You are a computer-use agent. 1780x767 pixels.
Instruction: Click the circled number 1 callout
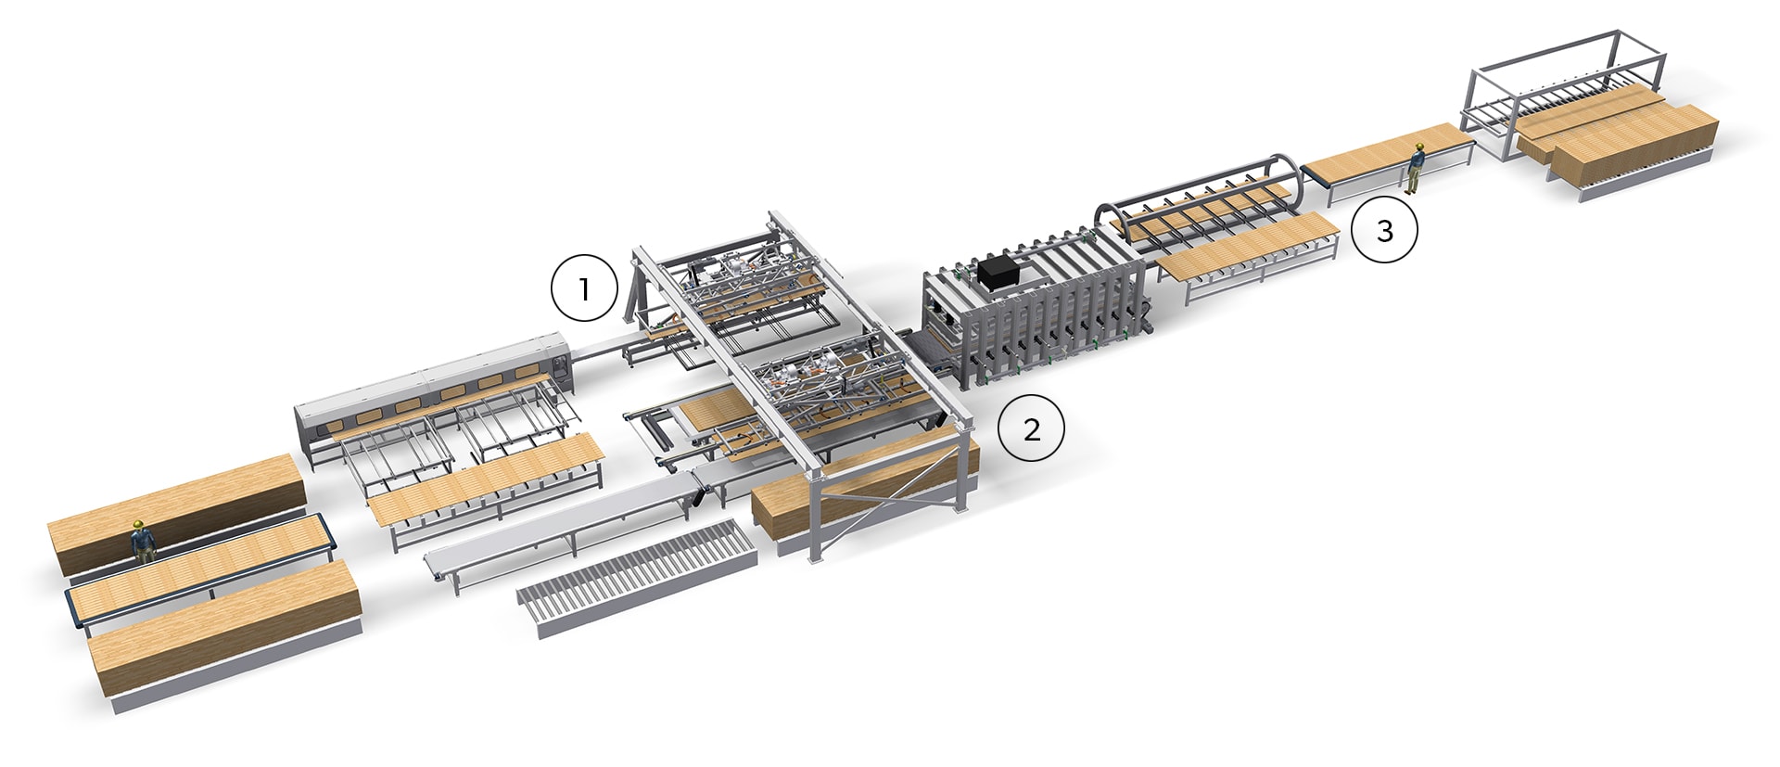[584, 288]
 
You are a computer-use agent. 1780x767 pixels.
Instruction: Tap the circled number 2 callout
[1031, 428]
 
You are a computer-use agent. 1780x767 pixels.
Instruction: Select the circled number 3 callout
[1384, 231]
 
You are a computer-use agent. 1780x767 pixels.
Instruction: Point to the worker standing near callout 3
[1416, 169]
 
